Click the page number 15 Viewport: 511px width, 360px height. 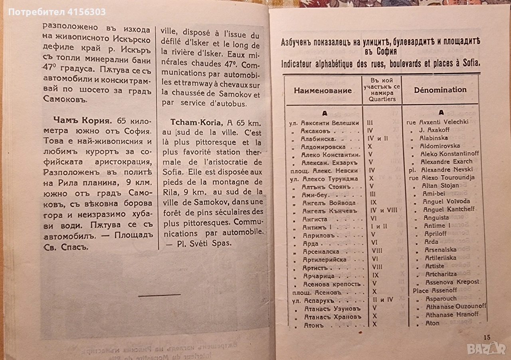[x=487, y=337]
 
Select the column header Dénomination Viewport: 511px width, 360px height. [x=440, y=90]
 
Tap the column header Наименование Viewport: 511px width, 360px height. [x=323, y=90]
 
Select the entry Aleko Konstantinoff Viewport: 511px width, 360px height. [x=450, y=154]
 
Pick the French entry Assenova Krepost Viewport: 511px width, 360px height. [x=449, y=282]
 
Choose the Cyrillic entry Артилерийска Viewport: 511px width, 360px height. [x=324, y=259]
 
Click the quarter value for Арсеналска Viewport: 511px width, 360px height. [x=377, y=251]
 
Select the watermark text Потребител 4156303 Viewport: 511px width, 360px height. [x=57, y=12]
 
